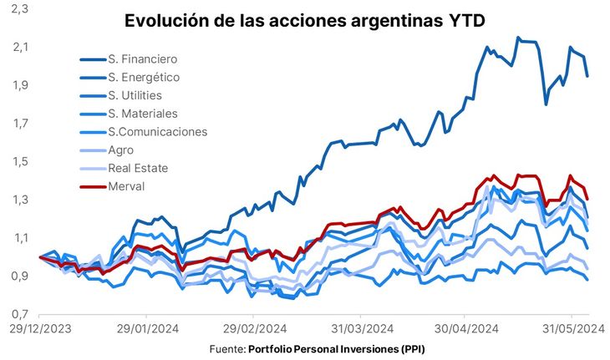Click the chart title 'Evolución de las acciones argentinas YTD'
click(x=305, y=21)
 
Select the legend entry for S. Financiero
click(x=142, y=59)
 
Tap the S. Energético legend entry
click(x=144, y=77)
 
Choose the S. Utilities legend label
click(x=135, y=95)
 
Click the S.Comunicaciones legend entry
click(x=157, y=131)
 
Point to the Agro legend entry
click(x=121, y=150)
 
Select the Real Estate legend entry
click(x=138, y=168)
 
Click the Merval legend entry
click(x=126, y=185)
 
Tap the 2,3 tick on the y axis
click(x=19, y=8)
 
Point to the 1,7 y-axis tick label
click(x=19, y=123)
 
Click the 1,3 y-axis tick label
click(x=19, y=200)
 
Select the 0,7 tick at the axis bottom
click(x=19, y=314)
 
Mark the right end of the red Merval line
click(x=587, y=199)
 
